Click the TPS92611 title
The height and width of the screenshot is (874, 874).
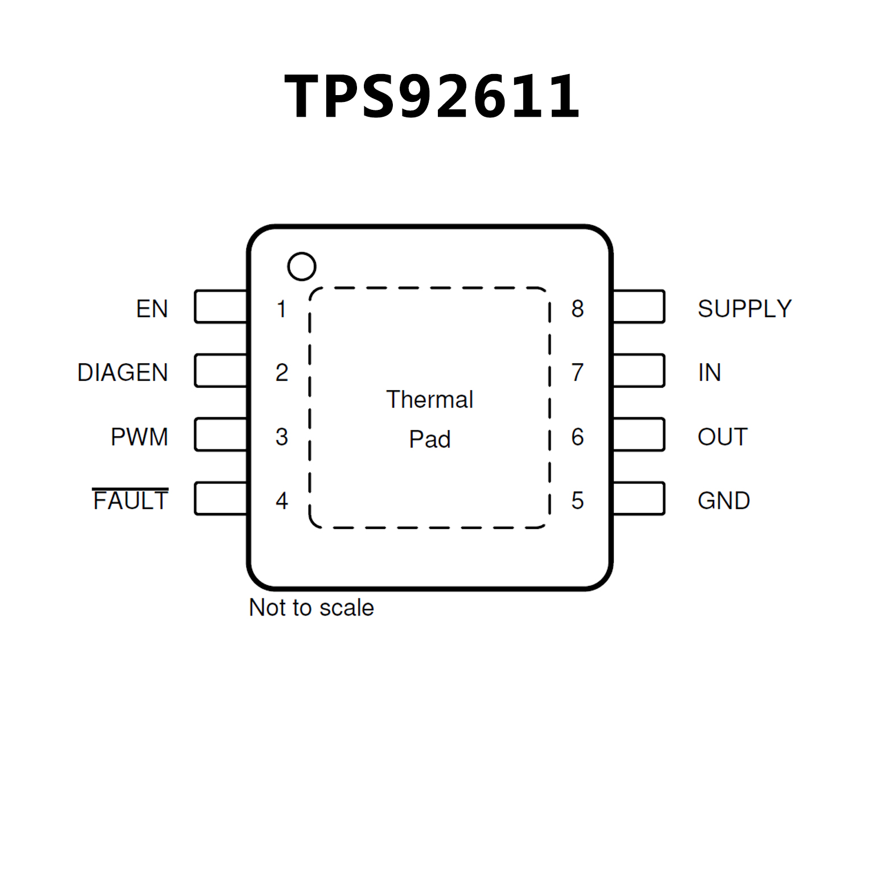tap(432, 96)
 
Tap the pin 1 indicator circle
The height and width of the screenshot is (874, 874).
tap(301, 266)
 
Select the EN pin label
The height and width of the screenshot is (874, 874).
tap(152, 309)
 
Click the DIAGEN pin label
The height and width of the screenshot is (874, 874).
tap(122, 372)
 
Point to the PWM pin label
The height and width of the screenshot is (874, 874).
tap(139, 437)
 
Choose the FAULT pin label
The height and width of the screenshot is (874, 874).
tap(130, 500)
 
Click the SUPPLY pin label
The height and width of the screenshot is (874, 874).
tap(744, 309)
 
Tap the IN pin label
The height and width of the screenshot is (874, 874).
tap(709, 372)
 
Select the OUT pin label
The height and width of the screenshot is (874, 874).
tap(722, 437)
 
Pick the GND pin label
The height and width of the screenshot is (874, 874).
tap(724, 500)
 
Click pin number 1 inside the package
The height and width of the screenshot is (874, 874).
tap(281, 309)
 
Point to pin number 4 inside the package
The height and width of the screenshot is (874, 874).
tap(281, 500)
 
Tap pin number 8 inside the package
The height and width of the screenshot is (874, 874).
tap(577, 309)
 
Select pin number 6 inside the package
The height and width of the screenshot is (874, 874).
tap(577, 437)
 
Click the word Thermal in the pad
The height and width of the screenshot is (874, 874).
tap(429, 399)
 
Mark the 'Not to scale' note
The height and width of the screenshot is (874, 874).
tap(311, 608)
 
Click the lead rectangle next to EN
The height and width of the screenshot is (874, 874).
tap(221, 307)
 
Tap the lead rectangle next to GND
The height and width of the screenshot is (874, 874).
tap(639, 499)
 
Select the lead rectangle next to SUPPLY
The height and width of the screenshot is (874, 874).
tap(639, 307)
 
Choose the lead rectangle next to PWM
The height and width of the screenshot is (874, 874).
tap(221, 434)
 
